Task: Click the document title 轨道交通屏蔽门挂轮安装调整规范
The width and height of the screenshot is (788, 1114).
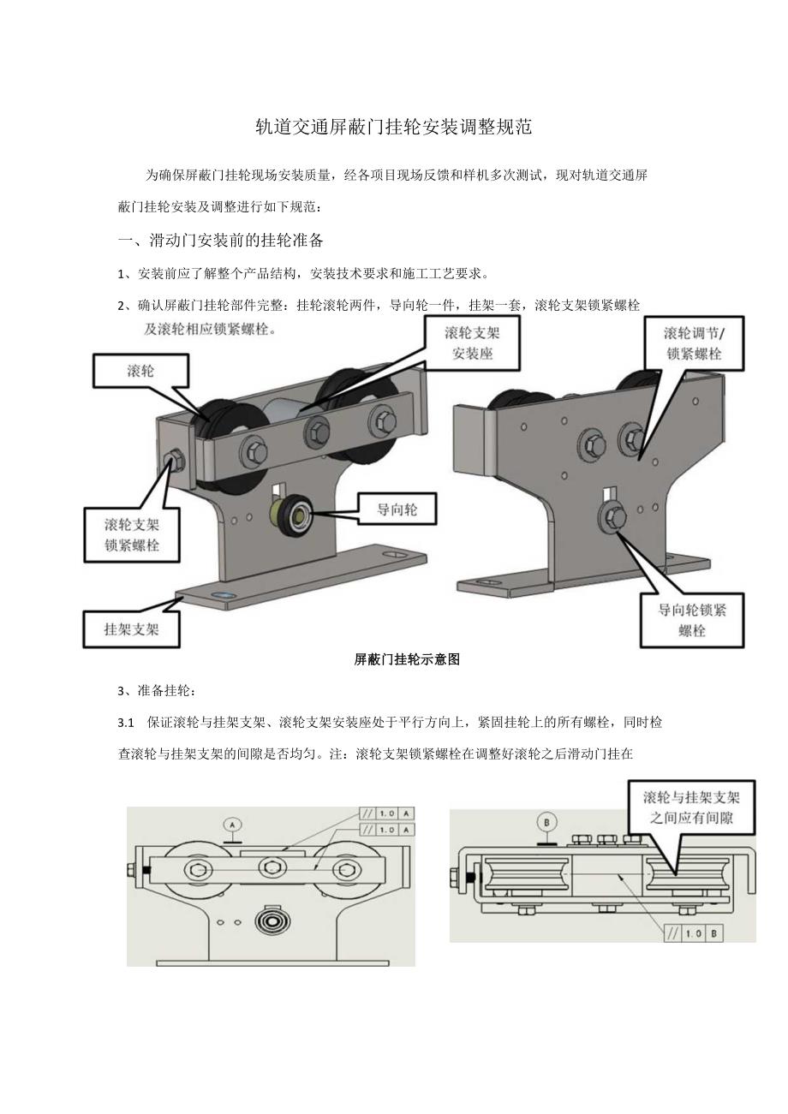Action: point(394,128)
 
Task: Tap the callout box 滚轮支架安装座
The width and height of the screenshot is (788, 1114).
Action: point(471,343)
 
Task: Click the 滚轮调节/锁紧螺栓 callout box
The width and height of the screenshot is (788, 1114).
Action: point(692,343)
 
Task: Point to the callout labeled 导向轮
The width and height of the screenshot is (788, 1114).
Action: point(397,510)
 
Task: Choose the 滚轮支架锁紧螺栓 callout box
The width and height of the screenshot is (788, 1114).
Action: point(132,535)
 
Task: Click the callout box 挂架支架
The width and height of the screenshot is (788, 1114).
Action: point(131,628)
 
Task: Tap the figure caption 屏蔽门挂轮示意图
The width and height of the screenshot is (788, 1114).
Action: point(407,659)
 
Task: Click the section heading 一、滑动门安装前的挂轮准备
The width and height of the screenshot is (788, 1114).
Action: point(220,240)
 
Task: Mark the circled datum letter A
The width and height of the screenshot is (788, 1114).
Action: point(232,824)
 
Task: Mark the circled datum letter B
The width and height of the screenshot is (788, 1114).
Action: point(548,819)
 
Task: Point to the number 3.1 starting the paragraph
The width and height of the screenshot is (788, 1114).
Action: point(126,723)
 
